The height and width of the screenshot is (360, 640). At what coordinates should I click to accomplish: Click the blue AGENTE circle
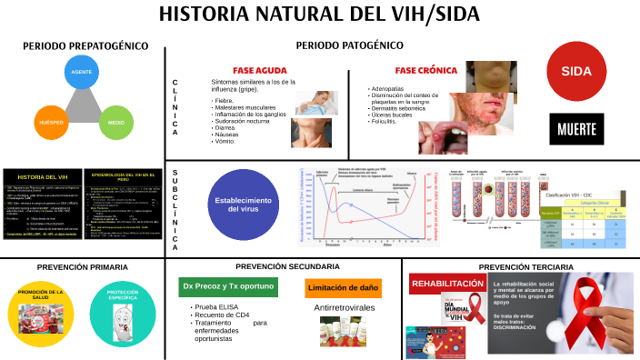82,73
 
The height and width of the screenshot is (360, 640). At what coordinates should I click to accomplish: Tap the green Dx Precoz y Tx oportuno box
228,287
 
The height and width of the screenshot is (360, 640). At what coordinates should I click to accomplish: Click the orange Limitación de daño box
343,288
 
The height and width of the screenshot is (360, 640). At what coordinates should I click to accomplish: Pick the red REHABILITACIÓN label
448,284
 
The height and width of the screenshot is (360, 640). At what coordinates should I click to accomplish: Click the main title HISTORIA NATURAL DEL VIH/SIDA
319,15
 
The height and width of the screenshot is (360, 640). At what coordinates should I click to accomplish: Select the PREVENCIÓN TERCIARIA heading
521,266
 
